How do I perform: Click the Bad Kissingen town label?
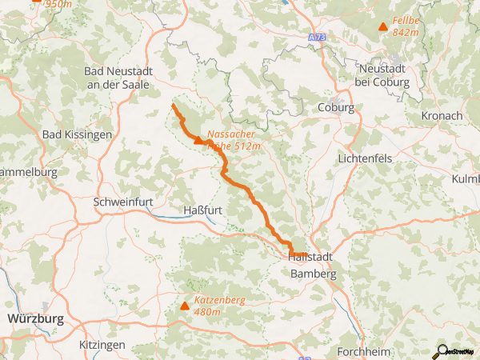click(x=77, y=134)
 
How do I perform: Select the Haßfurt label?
click(x=202, y=210)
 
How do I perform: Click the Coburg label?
click(x=335, y=107)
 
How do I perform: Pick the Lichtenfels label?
click(x=365, y=158)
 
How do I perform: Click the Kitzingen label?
click(x=102, y=344)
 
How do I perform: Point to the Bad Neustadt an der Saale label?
click(x=119, y=78)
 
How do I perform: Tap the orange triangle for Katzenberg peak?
click(x=186, y=306)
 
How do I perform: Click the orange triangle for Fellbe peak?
click(x=383, y=27)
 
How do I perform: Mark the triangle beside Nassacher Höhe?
click(x=198, y=140)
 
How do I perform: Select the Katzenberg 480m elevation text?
click(x=218, y=306)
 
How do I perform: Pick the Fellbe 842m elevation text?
click(x=406, y=26)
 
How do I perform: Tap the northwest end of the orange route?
click(x=173, y=105)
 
